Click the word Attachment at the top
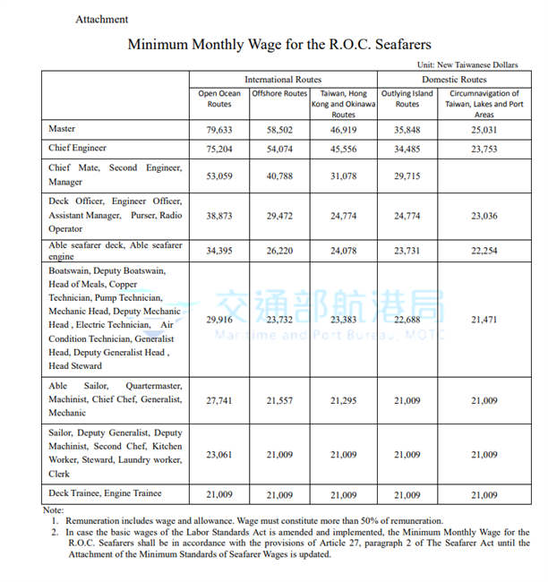[x=101, y=19]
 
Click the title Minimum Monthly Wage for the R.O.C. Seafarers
[x=279, y=44]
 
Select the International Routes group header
[x=284, y=80]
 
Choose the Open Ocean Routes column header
[x=219, y=98]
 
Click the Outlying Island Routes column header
[x=407, y=98]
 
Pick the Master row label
[x=62, y=130]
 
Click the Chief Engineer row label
[x=78, y=148]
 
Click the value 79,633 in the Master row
[x=219, y=131]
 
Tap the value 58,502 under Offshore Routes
[x=279, y=131]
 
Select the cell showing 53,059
[x=219, y=176]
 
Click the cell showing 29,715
[x=407, y=176]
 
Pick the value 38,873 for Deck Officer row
[x=219, y=216]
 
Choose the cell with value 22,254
[x=484, y=252]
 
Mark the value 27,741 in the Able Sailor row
[x=219, y=400]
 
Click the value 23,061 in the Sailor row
[x=219, y=454]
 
